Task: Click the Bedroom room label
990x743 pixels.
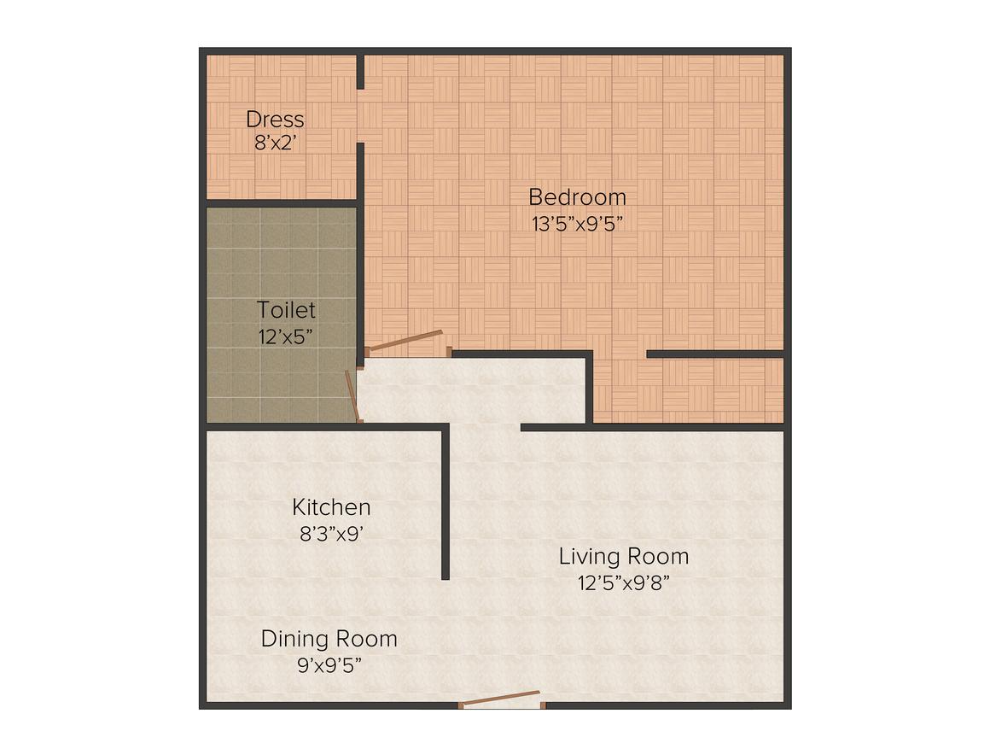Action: click(x=577, y=197)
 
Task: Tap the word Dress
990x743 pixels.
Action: click(x=275, y=120)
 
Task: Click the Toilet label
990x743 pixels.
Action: click(x=287, y=310)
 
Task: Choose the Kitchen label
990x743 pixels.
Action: click(x=331, y=507)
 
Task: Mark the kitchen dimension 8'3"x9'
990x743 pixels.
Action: click(x=331, y=533)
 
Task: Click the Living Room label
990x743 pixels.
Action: click(x=624, y=557)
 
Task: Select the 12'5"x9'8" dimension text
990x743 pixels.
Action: click(x=623, y=583)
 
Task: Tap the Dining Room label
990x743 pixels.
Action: click(x=329, y=639)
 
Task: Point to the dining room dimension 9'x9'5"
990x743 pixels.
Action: click(x=329, y=664)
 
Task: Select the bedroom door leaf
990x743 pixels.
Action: click(x=405, y=341)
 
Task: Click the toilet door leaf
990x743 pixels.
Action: click(x=351, y=395)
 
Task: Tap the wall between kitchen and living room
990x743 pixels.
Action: click(x=445, y=504)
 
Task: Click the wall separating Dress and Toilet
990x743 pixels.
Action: click(x=282, y=203)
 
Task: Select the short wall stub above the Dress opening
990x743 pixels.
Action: click(x=360, y=72)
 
